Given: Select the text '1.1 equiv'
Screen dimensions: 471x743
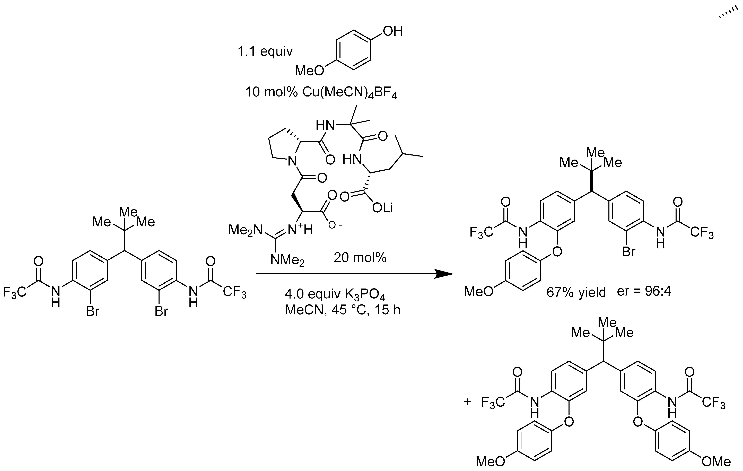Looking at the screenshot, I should click(x=265, y=51).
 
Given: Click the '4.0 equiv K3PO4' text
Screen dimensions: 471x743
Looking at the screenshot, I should click(x=335, y=295).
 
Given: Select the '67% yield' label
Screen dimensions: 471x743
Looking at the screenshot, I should click(x=576, y=292).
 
